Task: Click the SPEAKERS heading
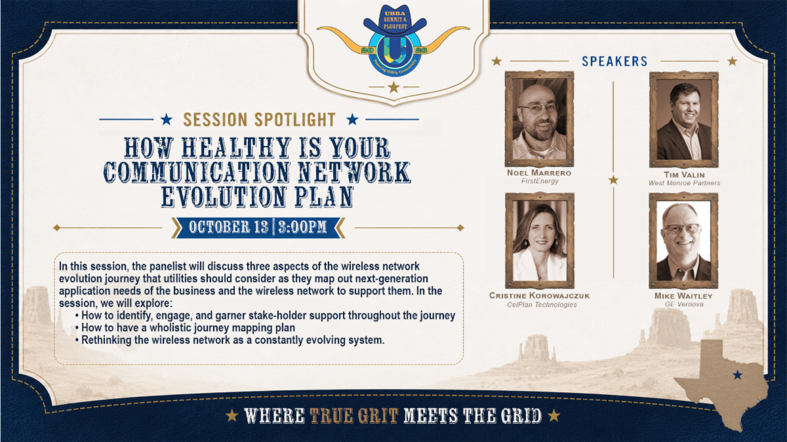point(615,62)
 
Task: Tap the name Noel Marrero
point(539,173)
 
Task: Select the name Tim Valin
point(684,175)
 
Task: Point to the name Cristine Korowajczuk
point(539,296)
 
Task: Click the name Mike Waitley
point(683,296)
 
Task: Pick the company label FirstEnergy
point(540,181)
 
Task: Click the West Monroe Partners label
point(684,183)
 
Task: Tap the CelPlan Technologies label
point(542,305)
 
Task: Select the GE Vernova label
point(684,304)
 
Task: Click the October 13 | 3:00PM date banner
point(258,227)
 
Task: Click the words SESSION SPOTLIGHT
point(259,120)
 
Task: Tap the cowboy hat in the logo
point(395,20)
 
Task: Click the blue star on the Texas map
point(737,375)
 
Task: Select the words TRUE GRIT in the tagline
point(353,416)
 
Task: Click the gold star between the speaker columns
point(613,180)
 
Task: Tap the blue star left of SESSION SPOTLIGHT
point(166,120)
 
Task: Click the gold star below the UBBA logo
point(393,87)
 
